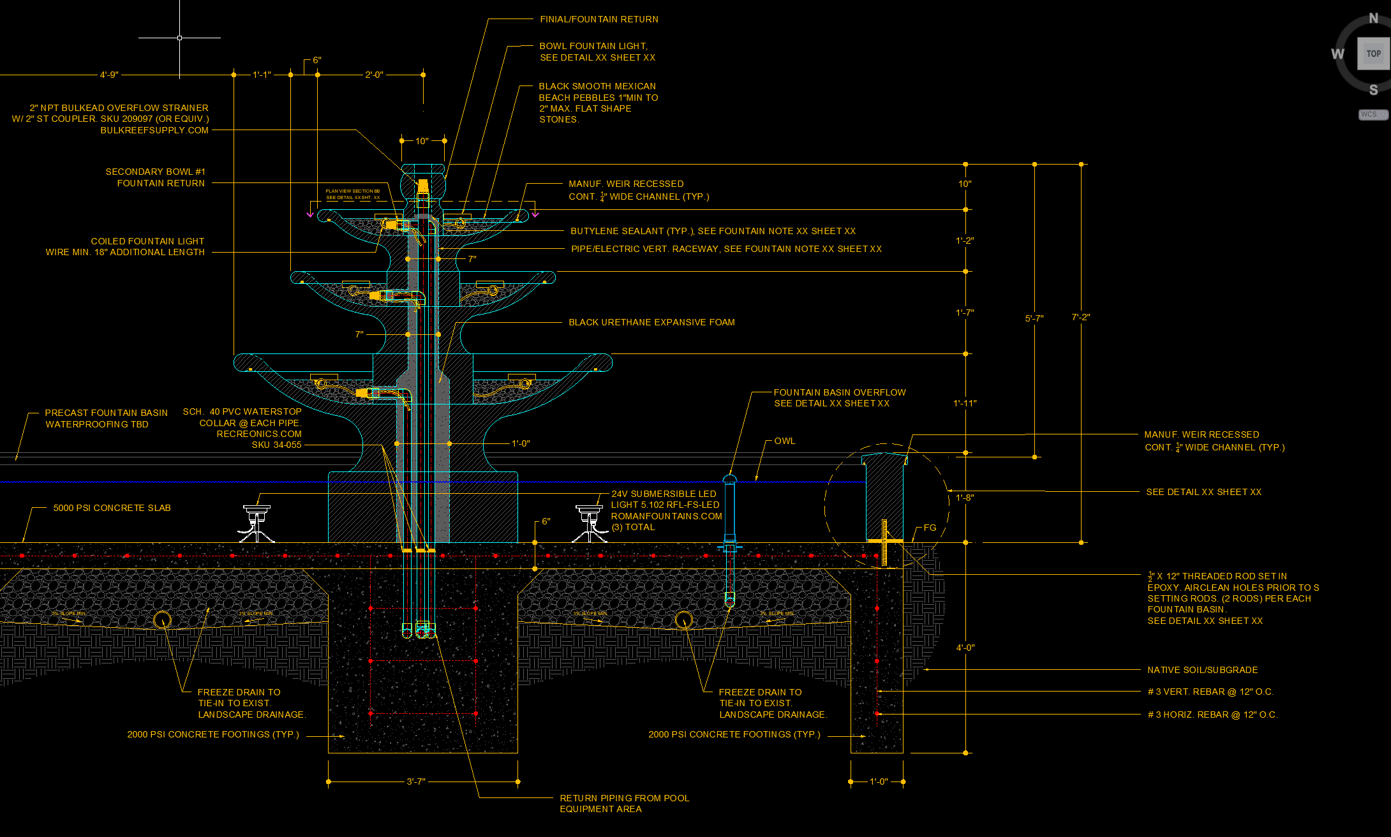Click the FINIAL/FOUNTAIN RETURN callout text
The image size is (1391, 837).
point(599,20)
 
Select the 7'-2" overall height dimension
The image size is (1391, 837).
point(1080,317)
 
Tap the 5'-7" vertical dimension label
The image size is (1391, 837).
point(1034,318)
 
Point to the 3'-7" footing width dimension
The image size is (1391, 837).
point(416,781)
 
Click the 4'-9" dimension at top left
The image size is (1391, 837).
point(109,75)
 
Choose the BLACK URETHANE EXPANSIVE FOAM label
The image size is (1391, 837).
point(651,323)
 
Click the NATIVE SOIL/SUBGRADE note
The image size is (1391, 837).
point(1202,670)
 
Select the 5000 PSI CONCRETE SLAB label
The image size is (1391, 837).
point(112,508)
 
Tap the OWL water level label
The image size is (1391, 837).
point(785,441)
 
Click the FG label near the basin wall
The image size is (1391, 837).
point(930,528)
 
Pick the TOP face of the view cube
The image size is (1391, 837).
point(1373,54)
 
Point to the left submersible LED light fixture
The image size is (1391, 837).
point(257,522)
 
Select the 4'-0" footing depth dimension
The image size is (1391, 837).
point(965,648)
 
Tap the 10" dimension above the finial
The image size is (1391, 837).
point(422,141)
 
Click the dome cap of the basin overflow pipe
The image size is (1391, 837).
point(729,478)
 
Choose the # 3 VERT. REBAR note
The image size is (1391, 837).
point(1210,692)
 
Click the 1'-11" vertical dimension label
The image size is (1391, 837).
point(965,404)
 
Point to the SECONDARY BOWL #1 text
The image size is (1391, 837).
point(155,172)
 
